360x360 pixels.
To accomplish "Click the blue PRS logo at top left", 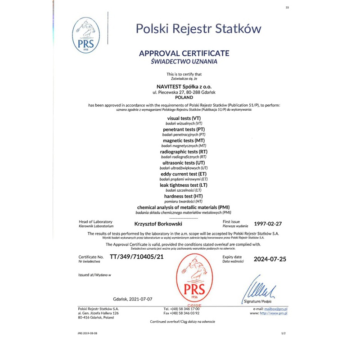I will tap(86, 35).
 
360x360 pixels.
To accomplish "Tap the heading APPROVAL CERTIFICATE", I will tap(184, 53).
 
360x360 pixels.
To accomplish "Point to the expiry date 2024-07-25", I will tap(270, 259).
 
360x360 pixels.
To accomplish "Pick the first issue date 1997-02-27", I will tap(268, 223).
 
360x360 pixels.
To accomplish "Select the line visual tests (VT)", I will tap(184, 117).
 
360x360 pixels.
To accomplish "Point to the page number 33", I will tap(287, 7).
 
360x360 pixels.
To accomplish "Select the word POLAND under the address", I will tap(183, 97).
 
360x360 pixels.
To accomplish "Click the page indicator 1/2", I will tap(283, 333).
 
